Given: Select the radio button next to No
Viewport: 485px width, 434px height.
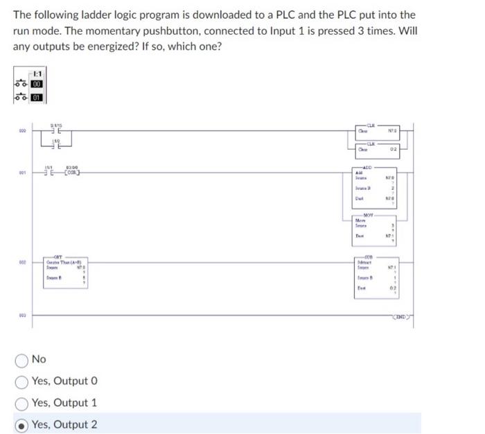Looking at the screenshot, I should (x=21, y=359).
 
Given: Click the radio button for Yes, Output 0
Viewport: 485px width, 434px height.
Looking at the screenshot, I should (x=21, y=381).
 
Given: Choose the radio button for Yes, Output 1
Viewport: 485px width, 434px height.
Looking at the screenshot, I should (x=21, y=403).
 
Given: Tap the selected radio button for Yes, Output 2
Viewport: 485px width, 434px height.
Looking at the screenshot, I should (x=21, y=425).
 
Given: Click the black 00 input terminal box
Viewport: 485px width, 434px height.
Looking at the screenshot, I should (x=36, y=84).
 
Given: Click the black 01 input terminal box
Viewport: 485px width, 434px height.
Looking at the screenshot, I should (x=36, y=98).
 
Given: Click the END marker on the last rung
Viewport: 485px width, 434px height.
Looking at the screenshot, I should (x=401, y=316).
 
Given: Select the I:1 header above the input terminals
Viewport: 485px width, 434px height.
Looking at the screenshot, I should (x=37, y=73).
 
